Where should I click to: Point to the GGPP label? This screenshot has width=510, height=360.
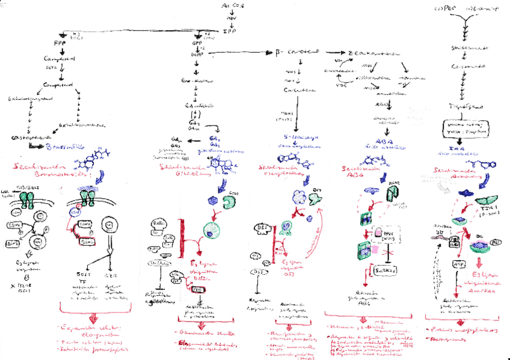(x=196, y=53)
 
